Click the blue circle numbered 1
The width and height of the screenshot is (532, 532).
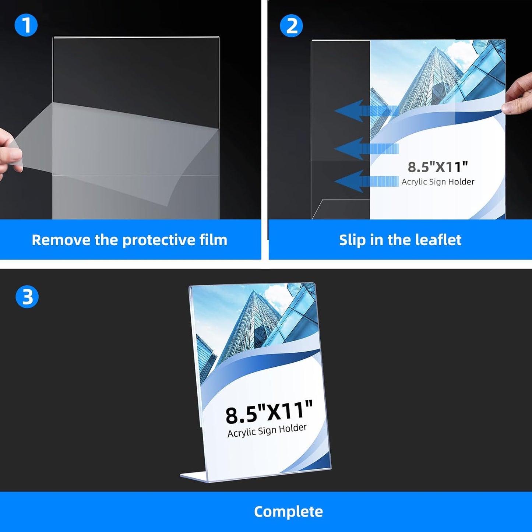click(x=26, y=25)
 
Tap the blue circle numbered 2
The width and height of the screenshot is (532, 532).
click(x=291, y=26)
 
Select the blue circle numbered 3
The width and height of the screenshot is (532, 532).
click(x=27, y=297)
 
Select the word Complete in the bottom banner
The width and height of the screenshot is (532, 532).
click(x=288, y=512)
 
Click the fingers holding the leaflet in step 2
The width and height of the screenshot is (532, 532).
click(x=519, y=96)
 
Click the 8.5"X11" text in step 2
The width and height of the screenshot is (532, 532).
click(x=437, y=167)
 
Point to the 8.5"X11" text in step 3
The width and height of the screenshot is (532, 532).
click(x=269, y=412)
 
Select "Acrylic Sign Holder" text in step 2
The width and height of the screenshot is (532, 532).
click(x=438, y=182)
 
